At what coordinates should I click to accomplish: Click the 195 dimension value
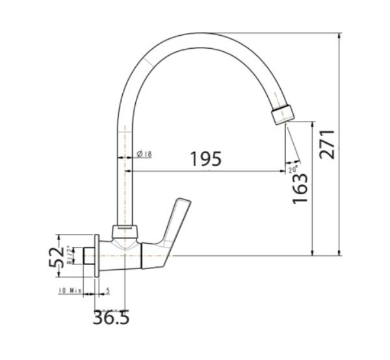(206, 158)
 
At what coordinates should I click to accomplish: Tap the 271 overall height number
(327, 144)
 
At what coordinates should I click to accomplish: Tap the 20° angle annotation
(293, 170)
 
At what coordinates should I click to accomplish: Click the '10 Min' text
(70, 290)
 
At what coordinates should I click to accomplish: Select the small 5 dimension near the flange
(107, 290)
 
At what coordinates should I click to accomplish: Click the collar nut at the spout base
(126, 231)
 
